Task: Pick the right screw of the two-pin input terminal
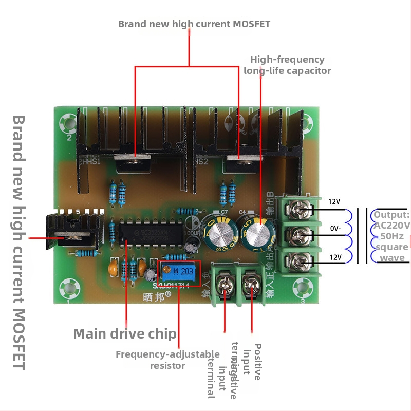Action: point(252,284)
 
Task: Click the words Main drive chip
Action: point(125,334)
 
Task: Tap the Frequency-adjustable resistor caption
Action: point(167,360)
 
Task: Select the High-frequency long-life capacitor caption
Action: point(287,65)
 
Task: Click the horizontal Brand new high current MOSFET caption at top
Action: point(194,24)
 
